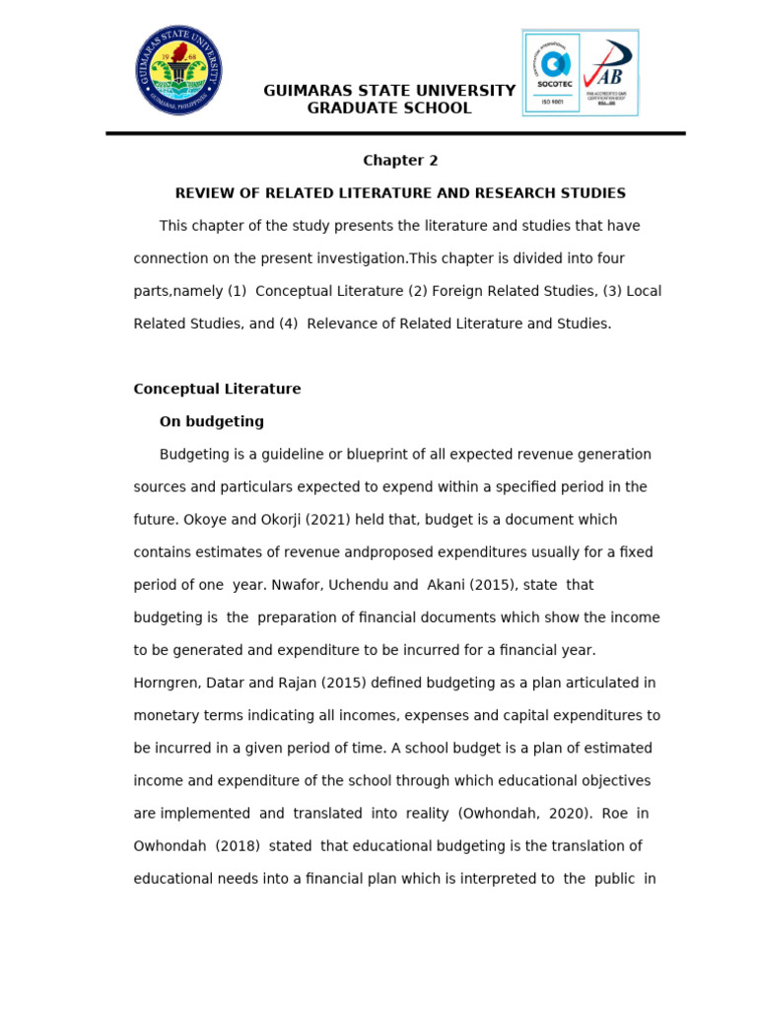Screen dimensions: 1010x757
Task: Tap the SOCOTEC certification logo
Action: (552, 72)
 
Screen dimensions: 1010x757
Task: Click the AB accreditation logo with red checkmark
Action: (609, 72)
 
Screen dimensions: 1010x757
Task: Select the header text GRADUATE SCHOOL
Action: (389, 108)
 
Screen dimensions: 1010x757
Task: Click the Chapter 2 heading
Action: (400, 161)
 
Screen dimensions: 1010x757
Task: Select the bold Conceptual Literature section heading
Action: (217, 389)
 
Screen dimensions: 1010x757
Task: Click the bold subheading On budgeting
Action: (212, 421)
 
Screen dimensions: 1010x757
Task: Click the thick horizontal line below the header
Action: (395, 133)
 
